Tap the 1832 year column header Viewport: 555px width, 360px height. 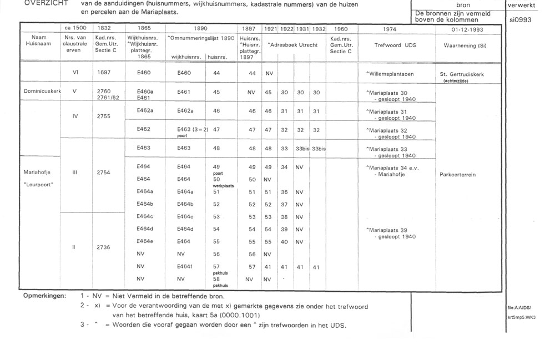pyautogui.click(x=104, y=28)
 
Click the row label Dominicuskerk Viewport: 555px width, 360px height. pyautogui.click(x=42, y=90)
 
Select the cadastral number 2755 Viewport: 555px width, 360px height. pyautogui.click(x=104, y=117)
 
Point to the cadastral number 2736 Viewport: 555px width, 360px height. pyautogui.click(x=104, y=248)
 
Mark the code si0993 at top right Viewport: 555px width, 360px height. pyautogui.click(x=519, y=18)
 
